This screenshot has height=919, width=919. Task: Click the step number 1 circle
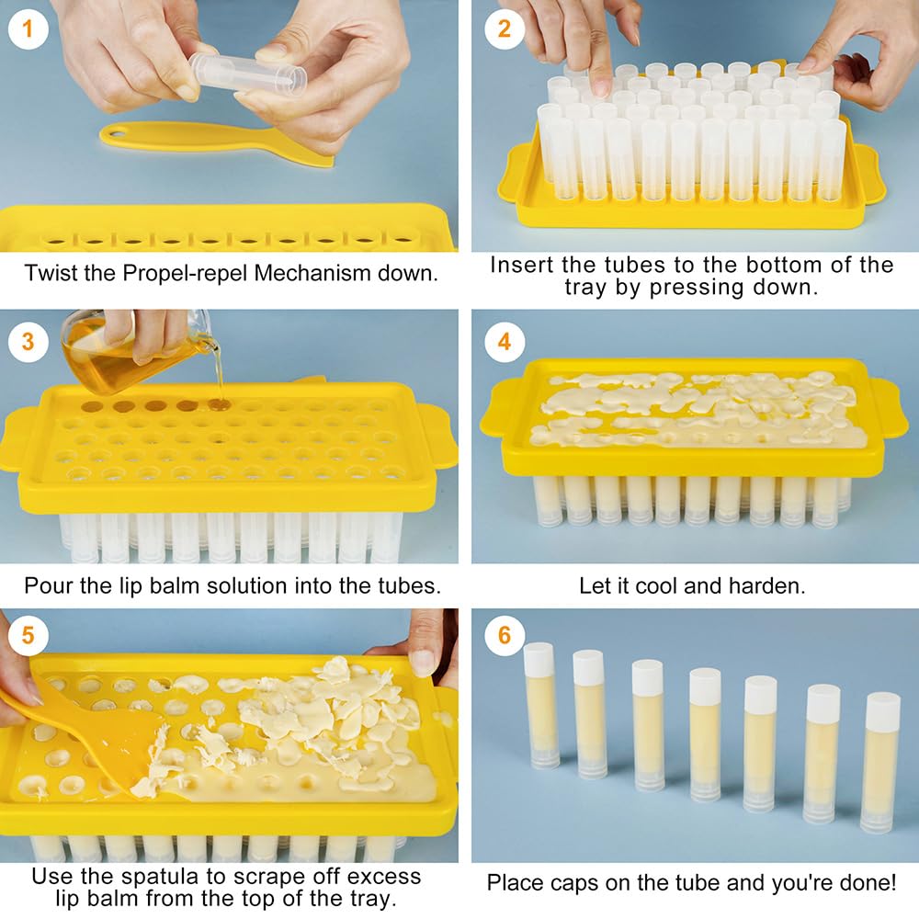click(28, 28)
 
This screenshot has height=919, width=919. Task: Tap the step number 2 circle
click(504, 28)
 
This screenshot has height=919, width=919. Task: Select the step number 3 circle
click(28, 341)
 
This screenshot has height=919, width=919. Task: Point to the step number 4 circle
click(504, 341)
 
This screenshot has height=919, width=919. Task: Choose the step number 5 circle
click(28, 636)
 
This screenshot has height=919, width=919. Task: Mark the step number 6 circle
click(504, 636)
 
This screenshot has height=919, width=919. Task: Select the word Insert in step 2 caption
click(521, 265)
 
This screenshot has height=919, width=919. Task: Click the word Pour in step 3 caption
click(44, 585)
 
